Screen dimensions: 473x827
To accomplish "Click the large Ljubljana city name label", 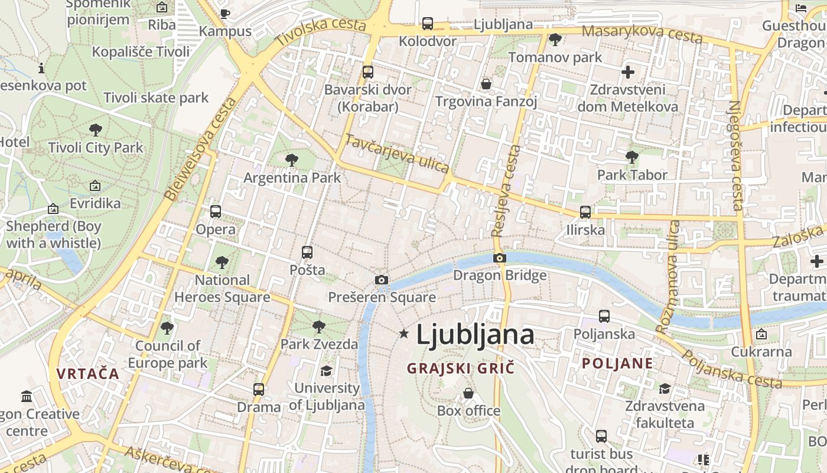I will pyautogui.click(x=475, y=335).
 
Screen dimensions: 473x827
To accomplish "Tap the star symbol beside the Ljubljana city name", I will pyautogui.click(x=404, y=334).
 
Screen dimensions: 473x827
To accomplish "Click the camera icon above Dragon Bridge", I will pyautogui.click(x=500, y=258).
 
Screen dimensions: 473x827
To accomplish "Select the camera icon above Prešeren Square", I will pyautogui.click(x=382, y=280).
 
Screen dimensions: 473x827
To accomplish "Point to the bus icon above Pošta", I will pyautogui.click(x=307, y=252).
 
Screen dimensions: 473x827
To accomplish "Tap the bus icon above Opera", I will pyautogui.click(x=216, y=212).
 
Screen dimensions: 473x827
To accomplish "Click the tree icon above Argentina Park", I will pyautogui.click(x=291, y=160).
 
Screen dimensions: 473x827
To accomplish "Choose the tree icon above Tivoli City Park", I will pyautogui.click(x=96, y=130).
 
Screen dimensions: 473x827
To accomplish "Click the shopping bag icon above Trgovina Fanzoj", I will pyautogui.click(x=486, y=84).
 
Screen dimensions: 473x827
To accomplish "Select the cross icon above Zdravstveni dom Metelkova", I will pyautogui.click(x=628, y=72).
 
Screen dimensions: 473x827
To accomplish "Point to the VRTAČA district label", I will pyautogui.click(x=88, y=374).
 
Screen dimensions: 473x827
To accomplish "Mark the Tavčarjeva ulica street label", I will pyautogui.click(x=397, y=154).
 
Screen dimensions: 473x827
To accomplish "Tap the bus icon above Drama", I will pyautogui.click(x=259, y=390).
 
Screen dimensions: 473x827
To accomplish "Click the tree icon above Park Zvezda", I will pyautogui.click(x=319, y=326).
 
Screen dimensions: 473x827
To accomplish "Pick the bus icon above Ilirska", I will pyautogui.click(x=585, y=212).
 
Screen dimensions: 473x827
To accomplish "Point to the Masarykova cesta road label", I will pyautogui.click(x=642, y=34).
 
